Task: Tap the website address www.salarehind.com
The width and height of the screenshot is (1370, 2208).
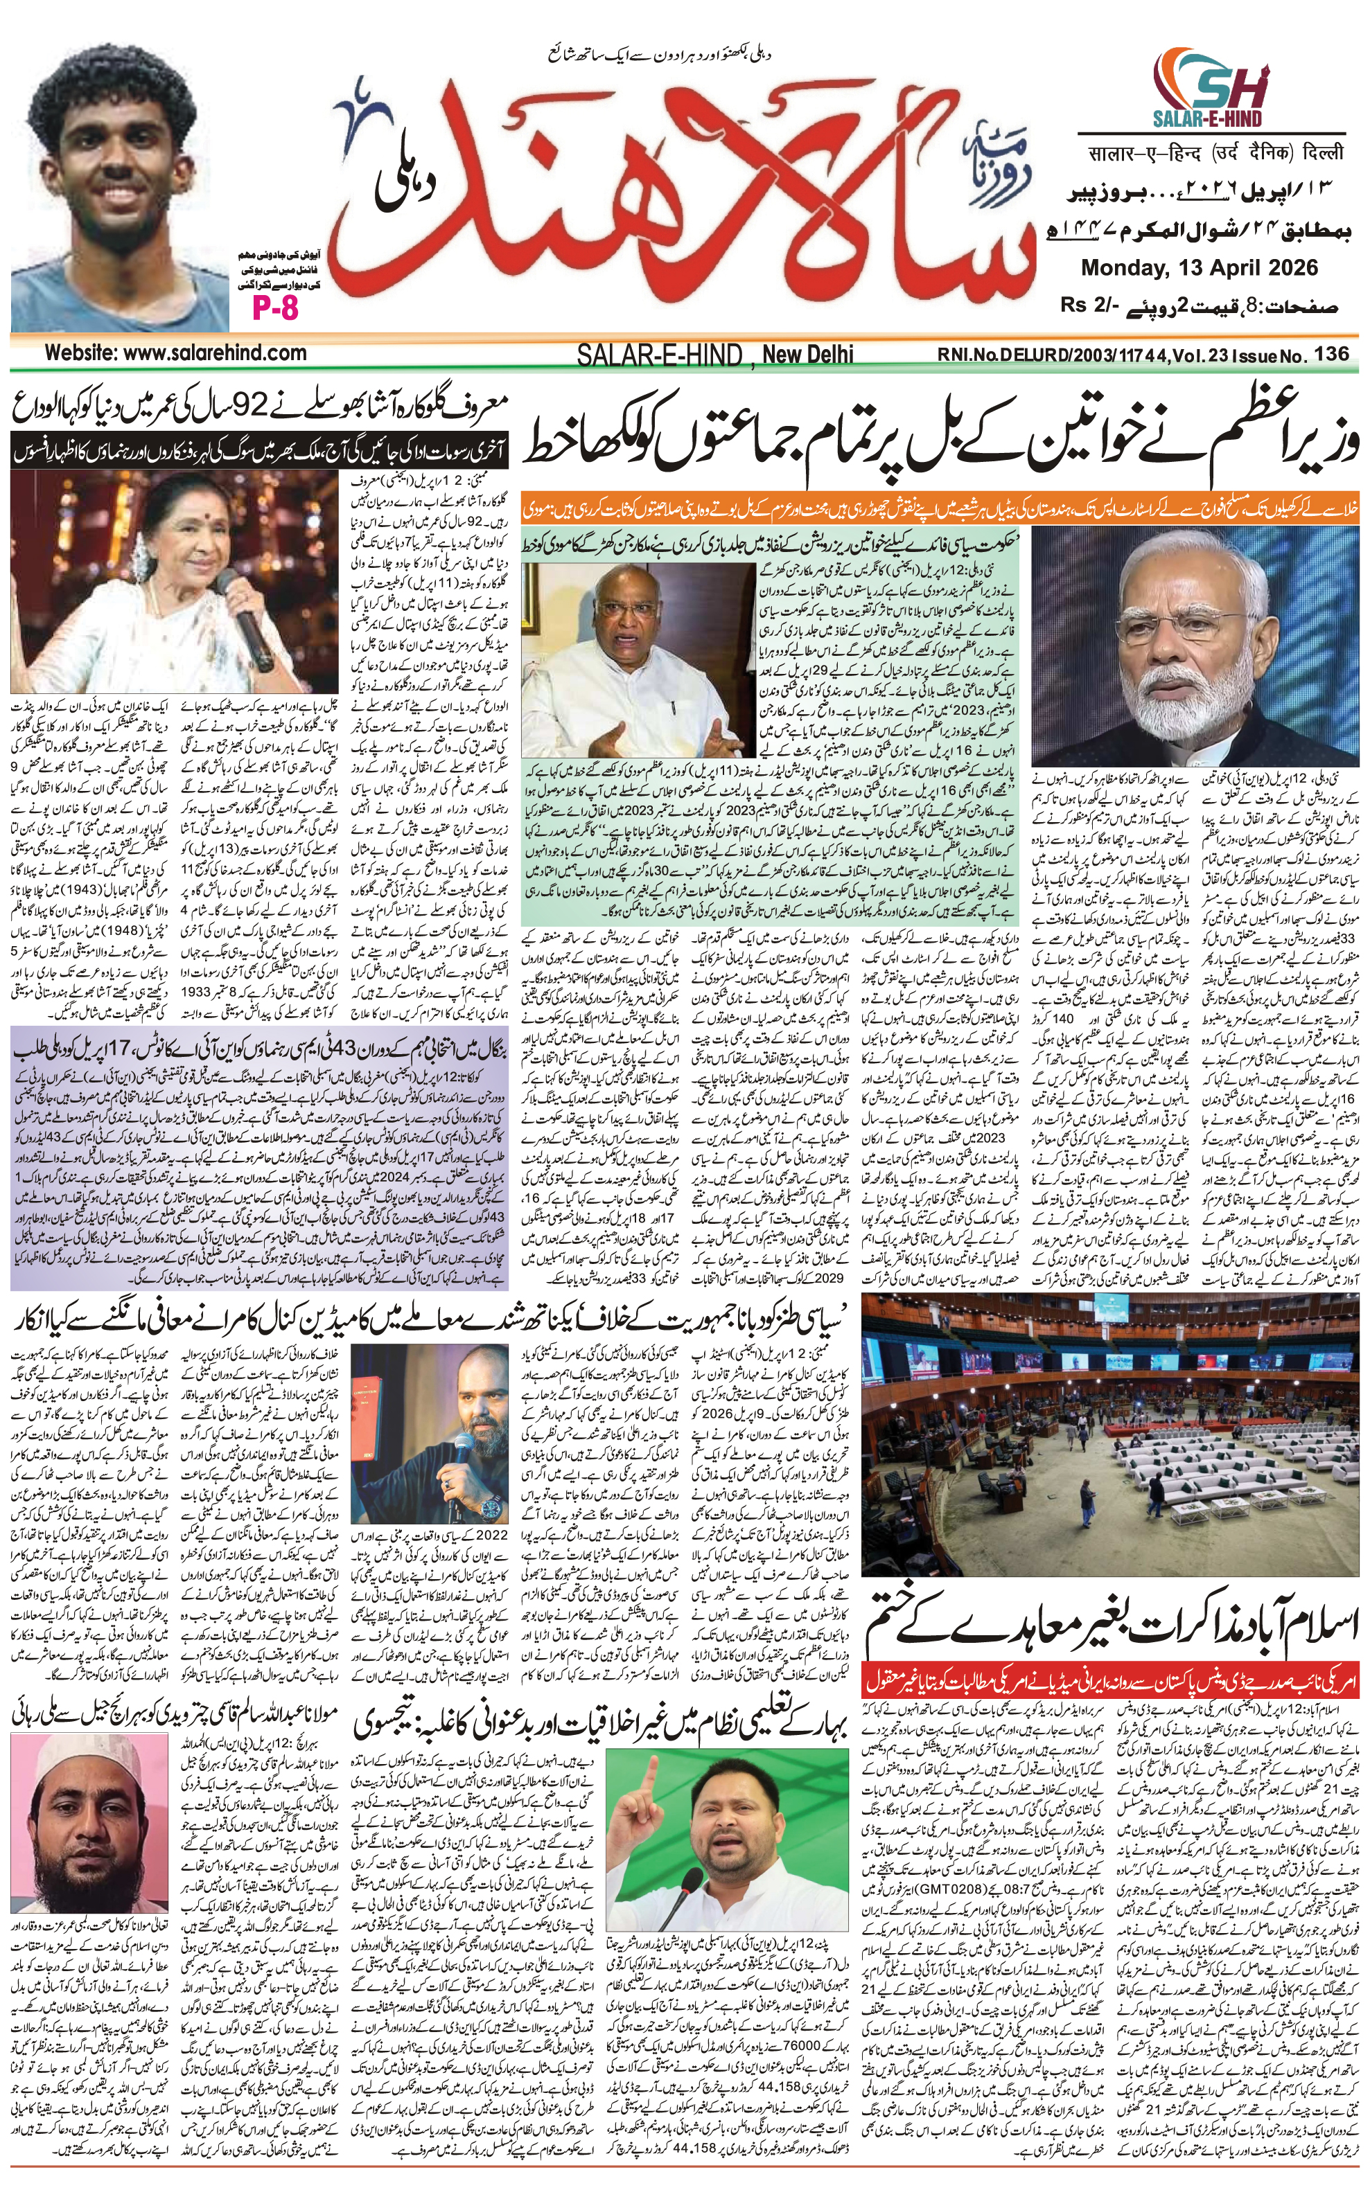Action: [x=176, y=353]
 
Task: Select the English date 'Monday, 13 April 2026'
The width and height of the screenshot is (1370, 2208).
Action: [x=1199, y=268]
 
